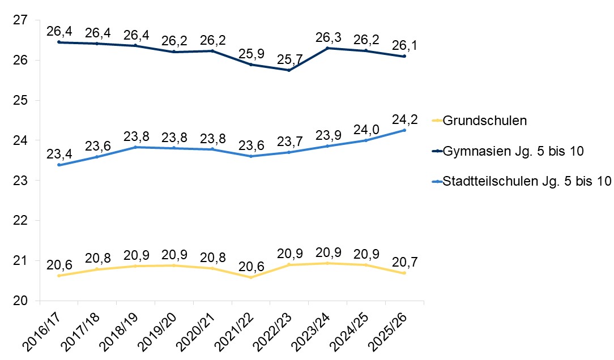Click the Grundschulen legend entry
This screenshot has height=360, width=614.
(485, 121)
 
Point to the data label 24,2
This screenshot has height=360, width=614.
(404, 120)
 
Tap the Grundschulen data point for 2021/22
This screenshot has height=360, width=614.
(250, 277)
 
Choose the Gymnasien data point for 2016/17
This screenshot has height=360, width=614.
(58, 42)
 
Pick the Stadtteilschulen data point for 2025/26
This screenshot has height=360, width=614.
(404, 130)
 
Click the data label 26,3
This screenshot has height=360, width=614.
(327, 37)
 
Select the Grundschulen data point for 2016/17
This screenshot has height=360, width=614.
(58, 276)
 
